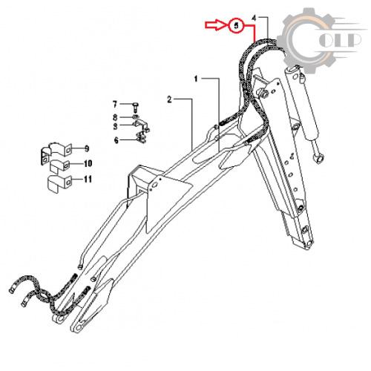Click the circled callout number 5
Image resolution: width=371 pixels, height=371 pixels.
click(237, 25)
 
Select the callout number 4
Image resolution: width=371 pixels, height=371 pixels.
click(254, 19)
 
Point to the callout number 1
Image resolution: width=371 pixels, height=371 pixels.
click(196, 79)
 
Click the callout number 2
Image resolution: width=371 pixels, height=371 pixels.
click(169, 99)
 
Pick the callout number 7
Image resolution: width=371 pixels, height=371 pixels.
click(115, 105)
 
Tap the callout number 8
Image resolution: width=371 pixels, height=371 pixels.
click(115, 117)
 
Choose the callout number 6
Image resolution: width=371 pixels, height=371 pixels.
click(116, 140)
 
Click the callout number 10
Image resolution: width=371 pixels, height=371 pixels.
click(88, 163)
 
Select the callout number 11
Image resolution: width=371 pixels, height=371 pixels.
click(88, 179)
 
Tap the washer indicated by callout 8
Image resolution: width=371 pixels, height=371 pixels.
click(135, 116)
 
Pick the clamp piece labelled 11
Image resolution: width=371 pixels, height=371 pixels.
click(59, 183)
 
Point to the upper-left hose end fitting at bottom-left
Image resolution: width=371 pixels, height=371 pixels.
click(13, 289)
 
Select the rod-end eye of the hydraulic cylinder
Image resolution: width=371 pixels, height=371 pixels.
click(318, 157)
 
